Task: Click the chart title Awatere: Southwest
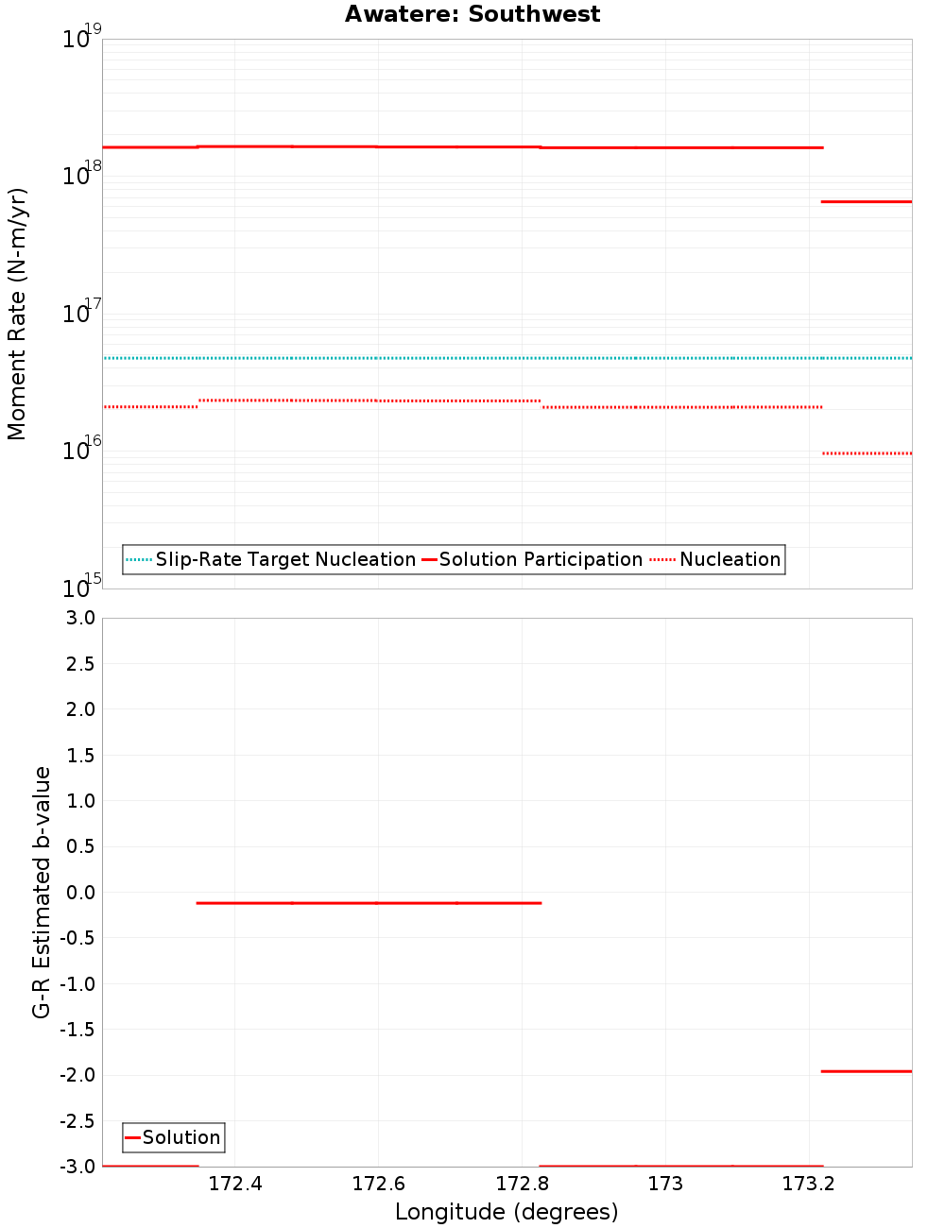click(472, 14)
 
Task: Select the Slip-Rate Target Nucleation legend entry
click(284, 559)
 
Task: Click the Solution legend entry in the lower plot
click(180, 1137)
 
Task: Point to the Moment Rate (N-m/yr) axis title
click(17, 314)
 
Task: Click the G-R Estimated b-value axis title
click(42, 893)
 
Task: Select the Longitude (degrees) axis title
click(507, 1212)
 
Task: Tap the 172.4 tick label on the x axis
click(234, 1184)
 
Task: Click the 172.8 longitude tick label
click(522, 1184)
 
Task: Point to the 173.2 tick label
click(809, 1184)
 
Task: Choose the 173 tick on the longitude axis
click(665, 1184)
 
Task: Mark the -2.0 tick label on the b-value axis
click(77, 1075)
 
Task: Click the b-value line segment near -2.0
click(867, 1071)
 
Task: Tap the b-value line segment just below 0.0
click(369, 903)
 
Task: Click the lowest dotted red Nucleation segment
click(867, 453)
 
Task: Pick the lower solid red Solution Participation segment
click(867, 201)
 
